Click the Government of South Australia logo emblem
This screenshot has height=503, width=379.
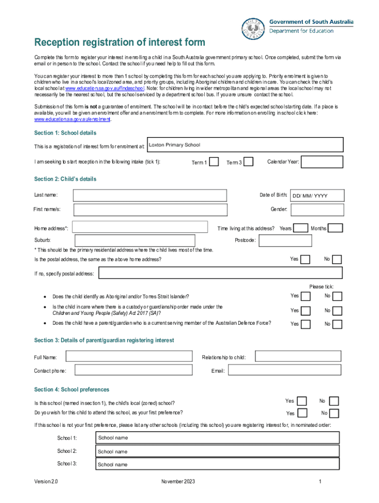253,28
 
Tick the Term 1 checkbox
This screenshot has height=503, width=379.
214,162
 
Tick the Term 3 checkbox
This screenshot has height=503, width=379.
249,162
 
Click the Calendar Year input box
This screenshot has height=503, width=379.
322,162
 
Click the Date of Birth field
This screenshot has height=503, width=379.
316,196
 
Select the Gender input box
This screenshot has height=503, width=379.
316,210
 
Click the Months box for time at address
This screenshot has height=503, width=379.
335,228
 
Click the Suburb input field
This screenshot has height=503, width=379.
134,240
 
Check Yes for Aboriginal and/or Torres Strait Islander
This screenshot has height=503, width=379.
306,296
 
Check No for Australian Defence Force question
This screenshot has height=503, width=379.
337,324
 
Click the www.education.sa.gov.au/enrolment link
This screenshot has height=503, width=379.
72,119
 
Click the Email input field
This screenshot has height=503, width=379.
284,370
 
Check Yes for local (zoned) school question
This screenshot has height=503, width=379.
302,401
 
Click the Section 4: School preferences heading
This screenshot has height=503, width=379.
71,390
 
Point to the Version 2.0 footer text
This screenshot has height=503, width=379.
46,482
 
